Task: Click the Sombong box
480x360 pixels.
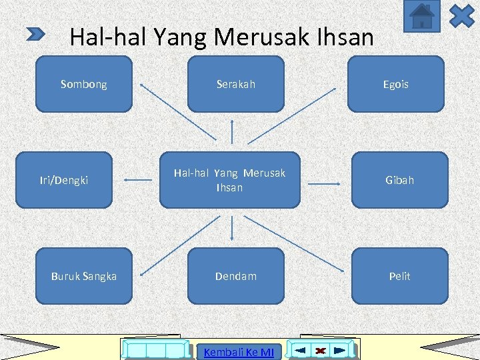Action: pos(83,84)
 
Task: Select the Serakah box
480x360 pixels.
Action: pos(235,84)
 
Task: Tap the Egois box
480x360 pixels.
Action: pos(395,84)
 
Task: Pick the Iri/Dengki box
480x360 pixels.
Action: pos(64,180)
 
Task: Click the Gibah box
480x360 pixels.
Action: pos(400,180)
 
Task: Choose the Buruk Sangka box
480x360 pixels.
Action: pos(83,276)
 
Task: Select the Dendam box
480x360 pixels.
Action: pos(235,276)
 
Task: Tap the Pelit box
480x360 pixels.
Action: pos(400,276)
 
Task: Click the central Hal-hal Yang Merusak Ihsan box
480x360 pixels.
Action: pos(229,180)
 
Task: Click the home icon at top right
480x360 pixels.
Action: pos(421,15)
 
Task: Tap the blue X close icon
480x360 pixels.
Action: pos(461,15)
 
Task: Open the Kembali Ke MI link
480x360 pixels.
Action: pos(239,351)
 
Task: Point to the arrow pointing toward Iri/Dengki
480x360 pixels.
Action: pos(139,179)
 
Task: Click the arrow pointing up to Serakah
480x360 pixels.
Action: pos(232,131)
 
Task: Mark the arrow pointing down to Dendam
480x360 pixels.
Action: pos(232,228)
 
